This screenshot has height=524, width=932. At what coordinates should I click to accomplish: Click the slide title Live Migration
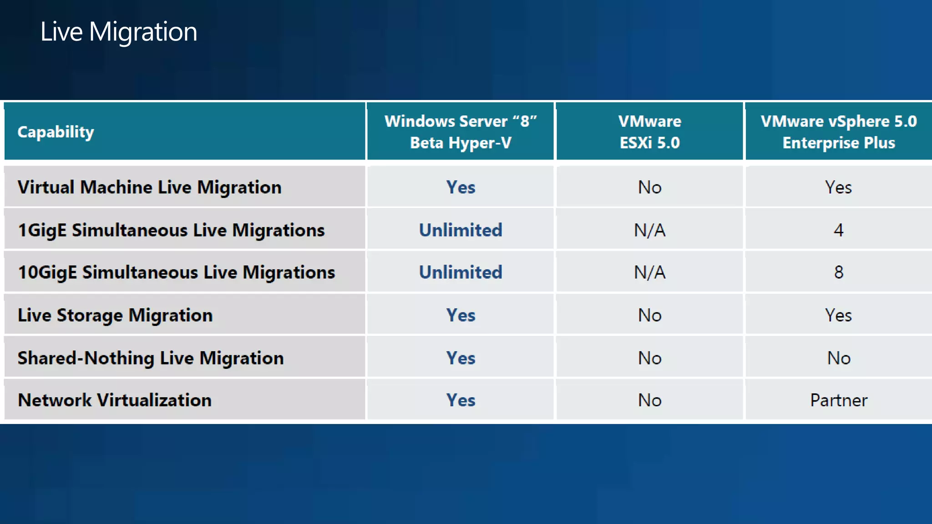[119, 32]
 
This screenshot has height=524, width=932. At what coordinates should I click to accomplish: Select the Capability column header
[56, 132]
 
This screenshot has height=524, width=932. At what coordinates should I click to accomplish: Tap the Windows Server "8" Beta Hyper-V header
[461, 132]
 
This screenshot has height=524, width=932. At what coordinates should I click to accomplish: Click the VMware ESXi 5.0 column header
[649, 132]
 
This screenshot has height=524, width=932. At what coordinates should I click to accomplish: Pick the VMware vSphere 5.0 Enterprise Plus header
[838, 132]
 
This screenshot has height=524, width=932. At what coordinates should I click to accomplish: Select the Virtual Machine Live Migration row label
[149, 187]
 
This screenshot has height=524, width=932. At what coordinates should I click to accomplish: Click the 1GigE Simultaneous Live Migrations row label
[171, 230]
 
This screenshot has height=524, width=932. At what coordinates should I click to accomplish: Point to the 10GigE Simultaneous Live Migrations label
[176, 272]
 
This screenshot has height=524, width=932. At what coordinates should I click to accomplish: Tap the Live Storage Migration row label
[115, 315]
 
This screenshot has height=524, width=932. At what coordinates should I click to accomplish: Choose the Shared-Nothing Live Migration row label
[151, 358]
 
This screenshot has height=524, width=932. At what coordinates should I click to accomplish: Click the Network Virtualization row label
[115, 400]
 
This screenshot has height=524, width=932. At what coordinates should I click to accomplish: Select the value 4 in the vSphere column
[838, 230]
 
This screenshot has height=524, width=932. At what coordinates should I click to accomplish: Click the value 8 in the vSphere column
[838, 272]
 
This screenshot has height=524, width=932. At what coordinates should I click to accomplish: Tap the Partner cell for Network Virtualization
[838, 400]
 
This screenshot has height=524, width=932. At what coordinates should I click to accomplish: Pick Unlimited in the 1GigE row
[461, 230]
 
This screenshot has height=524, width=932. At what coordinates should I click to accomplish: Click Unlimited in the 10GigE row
[461, 272]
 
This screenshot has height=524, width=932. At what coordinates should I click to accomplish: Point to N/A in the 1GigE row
[649, 230]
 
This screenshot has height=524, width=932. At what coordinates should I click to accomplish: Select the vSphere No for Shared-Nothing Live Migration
[838, 358]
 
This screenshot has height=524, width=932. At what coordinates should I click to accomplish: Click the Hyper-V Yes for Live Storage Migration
[461, 315]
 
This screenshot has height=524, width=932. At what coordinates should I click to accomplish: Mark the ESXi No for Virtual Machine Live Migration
[649, 187]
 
